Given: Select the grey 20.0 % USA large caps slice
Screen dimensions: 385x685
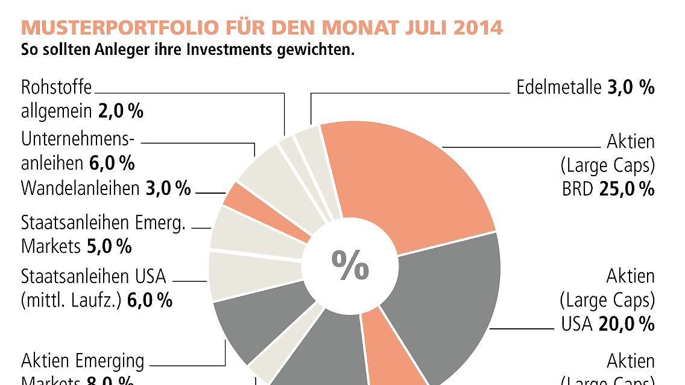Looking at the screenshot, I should (x=446, y=296).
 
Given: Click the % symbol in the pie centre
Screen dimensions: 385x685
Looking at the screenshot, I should (x=350, y=265).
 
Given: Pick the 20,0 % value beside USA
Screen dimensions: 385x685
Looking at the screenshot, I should (x=627, y=324).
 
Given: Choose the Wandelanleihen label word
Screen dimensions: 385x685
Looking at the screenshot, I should (x=80, y=189).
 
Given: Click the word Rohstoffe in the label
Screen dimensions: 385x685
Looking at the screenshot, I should (x=57, y=87).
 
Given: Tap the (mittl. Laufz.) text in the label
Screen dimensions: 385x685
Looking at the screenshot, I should (x=72, y=300).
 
